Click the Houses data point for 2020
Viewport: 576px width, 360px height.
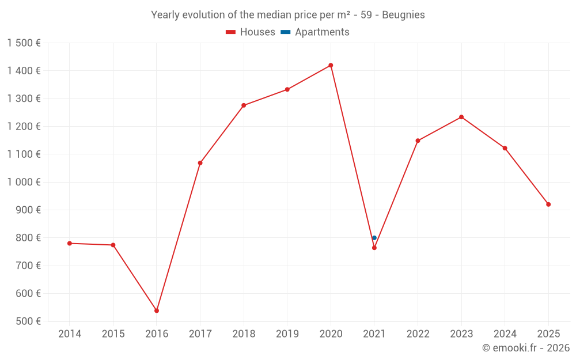331,65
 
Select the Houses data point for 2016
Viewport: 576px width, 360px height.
157,310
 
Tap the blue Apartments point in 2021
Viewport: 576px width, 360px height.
374,237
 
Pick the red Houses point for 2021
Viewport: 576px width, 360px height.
374,248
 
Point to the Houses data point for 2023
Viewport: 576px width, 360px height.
461,117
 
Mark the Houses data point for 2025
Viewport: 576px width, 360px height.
548,204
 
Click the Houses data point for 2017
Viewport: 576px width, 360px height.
200,163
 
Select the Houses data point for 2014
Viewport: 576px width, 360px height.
70,243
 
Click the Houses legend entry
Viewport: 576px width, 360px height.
251,32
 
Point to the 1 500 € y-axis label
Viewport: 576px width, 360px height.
24,43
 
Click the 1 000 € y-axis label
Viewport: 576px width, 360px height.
24,182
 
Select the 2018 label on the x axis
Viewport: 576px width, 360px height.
244,334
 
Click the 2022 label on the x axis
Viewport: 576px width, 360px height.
418,334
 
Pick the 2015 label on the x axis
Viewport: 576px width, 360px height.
113,334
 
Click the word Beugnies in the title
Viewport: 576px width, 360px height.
403,15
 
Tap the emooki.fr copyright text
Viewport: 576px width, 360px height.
525,348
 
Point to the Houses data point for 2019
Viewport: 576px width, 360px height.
287,89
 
